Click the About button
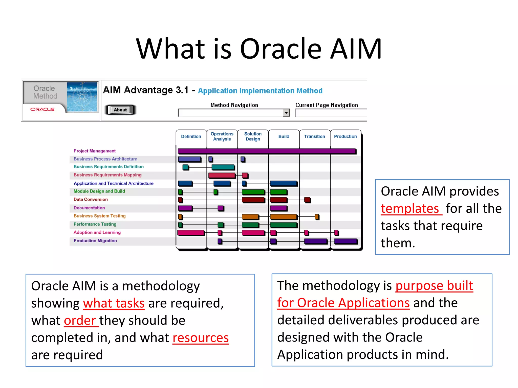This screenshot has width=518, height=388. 120,110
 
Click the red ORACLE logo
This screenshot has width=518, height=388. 42,109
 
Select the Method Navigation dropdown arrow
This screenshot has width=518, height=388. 286,113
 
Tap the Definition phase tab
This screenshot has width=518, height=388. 191,136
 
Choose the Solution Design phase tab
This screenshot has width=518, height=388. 253,136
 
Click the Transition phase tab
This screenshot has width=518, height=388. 314,136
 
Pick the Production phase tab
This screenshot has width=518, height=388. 345,136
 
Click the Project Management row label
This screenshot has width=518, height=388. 95,151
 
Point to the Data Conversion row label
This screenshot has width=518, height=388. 91,199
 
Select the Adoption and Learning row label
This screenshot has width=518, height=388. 97,232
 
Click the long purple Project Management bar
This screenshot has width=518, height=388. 267,151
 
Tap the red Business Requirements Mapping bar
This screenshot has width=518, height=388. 222,175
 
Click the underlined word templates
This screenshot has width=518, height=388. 410,209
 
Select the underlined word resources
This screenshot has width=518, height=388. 201,338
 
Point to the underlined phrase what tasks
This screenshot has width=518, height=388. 114,303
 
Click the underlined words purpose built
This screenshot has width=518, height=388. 434,286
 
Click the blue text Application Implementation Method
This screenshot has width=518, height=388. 260,91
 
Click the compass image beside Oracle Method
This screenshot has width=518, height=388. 82,97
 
